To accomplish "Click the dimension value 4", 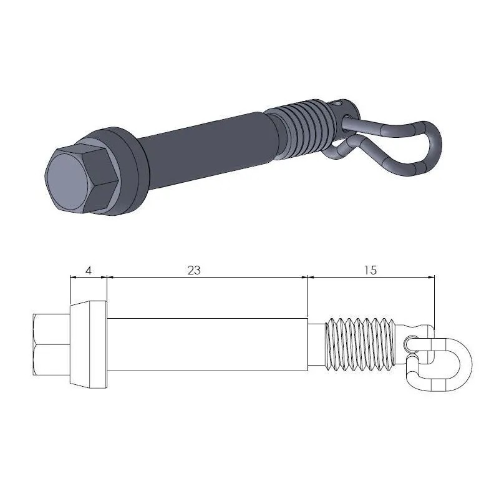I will click(x=89, y=270).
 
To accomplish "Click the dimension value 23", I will click(x=194, y=270).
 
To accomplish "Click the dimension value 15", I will click(x=369, y=270).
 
